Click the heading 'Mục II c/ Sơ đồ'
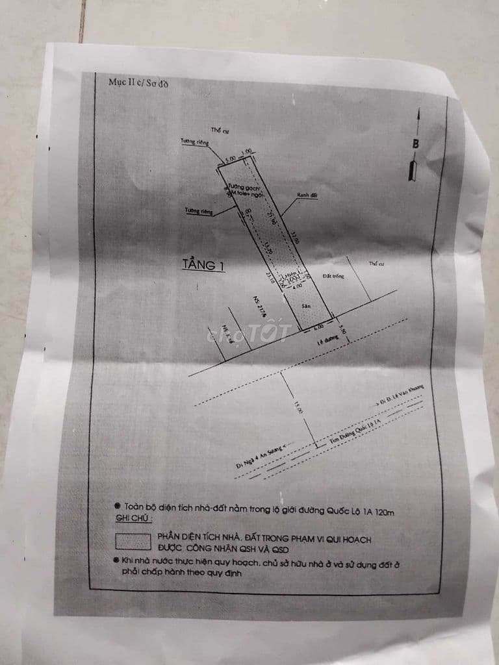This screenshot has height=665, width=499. coord(138,83)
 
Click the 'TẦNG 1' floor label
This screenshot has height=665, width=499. coord(203,265)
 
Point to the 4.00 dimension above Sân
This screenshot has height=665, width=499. coord(296,284)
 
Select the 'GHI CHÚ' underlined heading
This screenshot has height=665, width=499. coord(135,520)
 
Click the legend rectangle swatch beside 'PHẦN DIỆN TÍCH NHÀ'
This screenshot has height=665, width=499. coord(132,541)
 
